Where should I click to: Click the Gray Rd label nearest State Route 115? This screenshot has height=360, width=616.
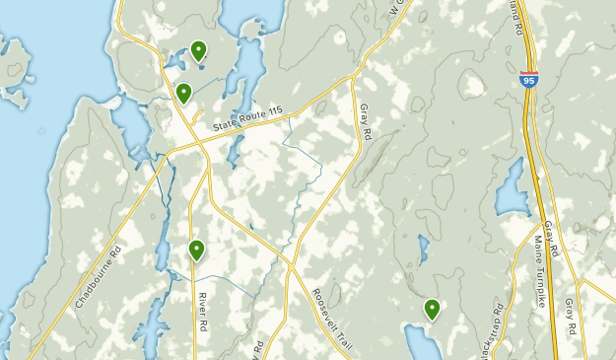[365, 119]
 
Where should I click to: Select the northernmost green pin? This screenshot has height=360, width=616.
[199, 49]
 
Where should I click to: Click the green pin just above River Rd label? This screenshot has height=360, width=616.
[197, 251]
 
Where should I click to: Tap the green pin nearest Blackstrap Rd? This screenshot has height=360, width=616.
[432, 310]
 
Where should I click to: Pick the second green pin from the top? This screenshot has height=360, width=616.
[183, 93]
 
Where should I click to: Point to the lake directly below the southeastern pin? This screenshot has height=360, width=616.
[425, 342]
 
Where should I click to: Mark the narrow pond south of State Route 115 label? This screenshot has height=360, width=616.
[236, 149]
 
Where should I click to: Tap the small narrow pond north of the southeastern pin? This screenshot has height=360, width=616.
[423, 250]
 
